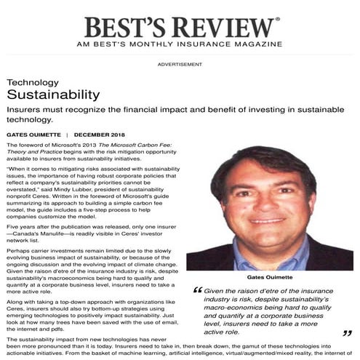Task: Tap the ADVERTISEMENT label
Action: pos(180,65)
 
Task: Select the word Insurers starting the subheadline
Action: pos(25,111)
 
